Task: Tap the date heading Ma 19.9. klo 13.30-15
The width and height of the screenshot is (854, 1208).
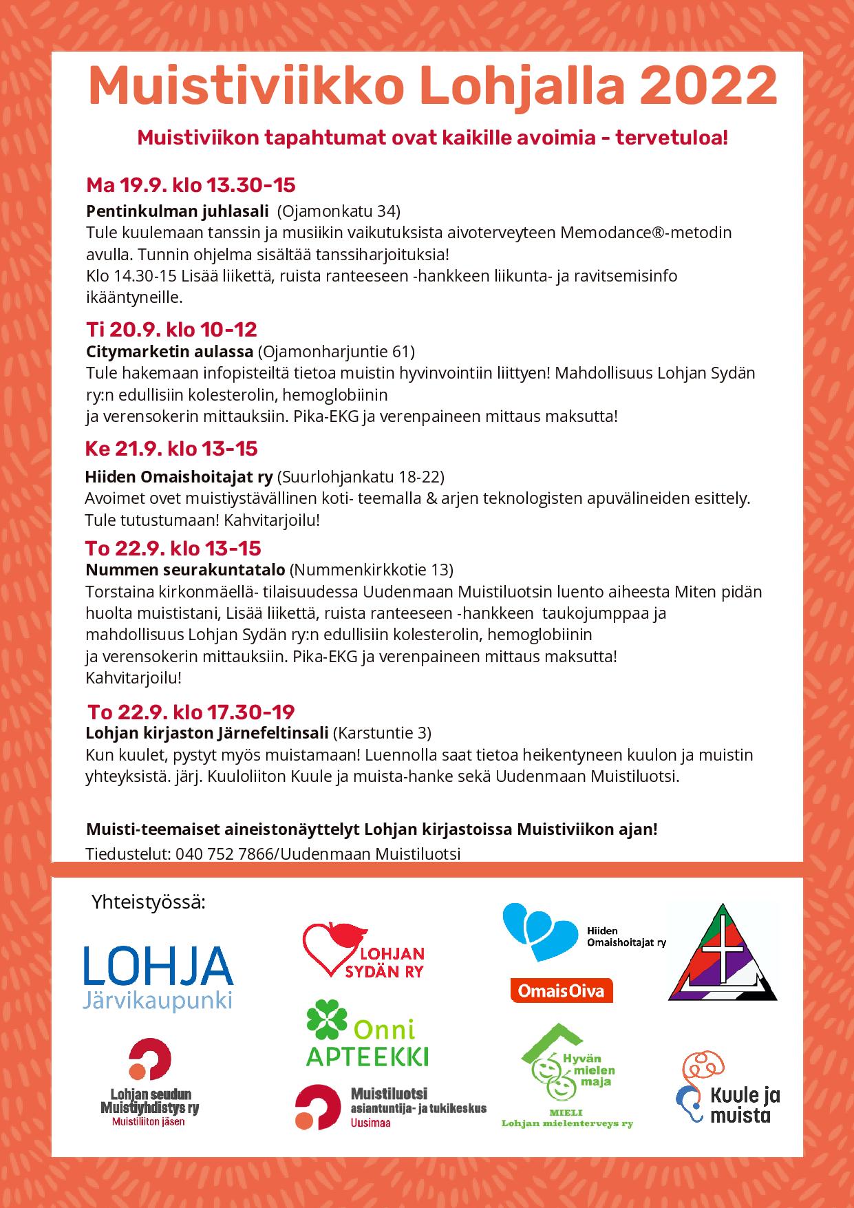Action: click(191, 185)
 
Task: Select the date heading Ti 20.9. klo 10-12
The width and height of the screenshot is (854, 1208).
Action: click(171, 330)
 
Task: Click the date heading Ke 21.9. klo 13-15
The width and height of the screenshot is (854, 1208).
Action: click(171, 449)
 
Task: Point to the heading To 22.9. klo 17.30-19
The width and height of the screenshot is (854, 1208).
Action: click(191, 712)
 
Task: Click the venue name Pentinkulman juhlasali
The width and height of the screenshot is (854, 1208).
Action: click(178, 211)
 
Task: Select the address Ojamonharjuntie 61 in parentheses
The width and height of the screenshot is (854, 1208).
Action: click(337, 352)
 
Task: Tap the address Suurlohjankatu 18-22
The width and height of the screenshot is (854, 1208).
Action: click(360, 477)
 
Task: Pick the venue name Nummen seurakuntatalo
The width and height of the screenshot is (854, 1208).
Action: click(185, 570)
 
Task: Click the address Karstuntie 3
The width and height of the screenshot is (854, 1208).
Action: click(382, 732)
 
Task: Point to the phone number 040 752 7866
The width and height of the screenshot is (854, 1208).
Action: click(224, 854)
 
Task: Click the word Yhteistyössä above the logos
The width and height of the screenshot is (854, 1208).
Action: click(149, 902)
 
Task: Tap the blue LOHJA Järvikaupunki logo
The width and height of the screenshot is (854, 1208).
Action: click(158, 977)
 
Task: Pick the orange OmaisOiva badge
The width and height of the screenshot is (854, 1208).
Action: click(562, 990)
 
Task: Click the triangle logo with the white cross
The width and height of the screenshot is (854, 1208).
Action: click(723, 953)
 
